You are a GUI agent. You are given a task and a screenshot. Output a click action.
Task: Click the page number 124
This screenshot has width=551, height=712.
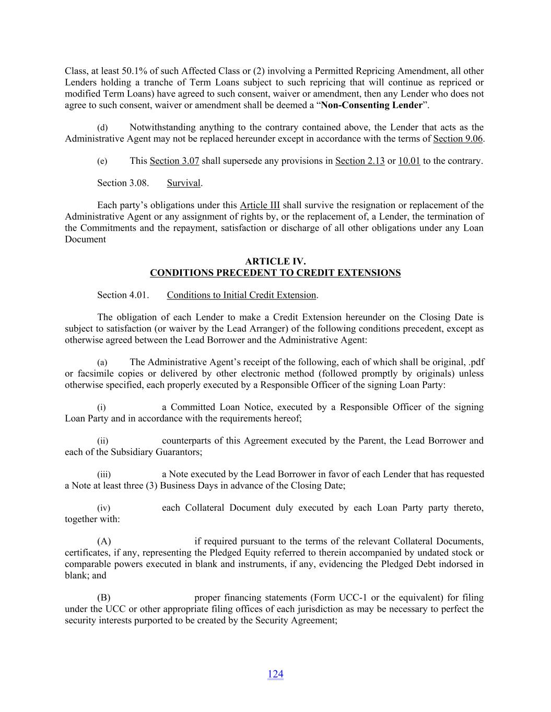(275, 674)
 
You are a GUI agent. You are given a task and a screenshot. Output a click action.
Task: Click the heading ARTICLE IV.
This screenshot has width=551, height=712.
(275, 261)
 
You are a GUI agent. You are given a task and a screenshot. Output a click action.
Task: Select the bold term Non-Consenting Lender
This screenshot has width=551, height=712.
(371, 105)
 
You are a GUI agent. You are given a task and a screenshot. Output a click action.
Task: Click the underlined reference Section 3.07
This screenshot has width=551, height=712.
(174, 161)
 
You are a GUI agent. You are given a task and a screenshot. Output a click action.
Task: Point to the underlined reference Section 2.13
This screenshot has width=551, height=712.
(360, 161)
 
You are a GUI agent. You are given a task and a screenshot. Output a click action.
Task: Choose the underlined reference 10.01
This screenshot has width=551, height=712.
(409, 161)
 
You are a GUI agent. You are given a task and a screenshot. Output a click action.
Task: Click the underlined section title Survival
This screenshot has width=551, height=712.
(184, 183)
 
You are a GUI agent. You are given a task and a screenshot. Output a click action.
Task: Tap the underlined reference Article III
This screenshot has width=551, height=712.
(260, 205)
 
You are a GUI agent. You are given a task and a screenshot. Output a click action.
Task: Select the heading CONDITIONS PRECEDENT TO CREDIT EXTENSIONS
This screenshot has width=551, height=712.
(275, 273)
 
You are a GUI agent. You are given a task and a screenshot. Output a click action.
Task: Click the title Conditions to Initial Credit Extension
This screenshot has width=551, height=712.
(241, 295)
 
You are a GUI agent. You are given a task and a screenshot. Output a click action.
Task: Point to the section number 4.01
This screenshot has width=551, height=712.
(139, 295)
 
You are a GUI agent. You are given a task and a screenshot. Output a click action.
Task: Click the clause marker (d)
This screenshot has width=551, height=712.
(102, 128)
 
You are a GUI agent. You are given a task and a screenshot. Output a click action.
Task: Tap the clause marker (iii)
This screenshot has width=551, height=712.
(104, 475)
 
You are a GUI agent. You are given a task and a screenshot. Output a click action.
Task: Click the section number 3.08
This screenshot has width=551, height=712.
(139, 183)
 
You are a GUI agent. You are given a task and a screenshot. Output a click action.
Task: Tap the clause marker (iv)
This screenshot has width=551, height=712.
(104, 508)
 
